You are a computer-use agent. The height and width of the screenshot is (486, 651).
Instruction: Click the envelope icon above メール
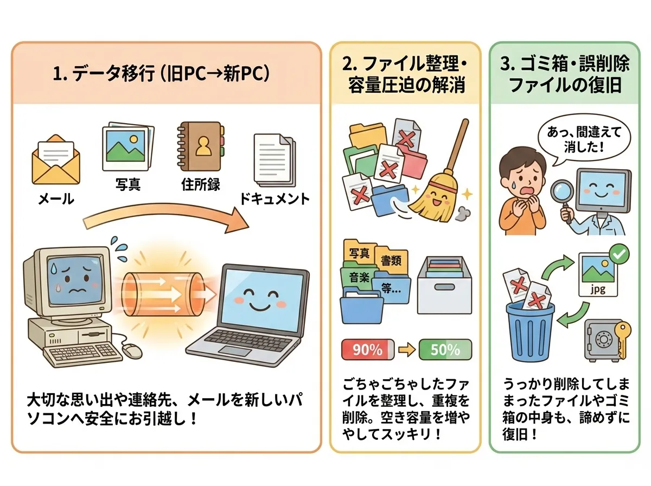[56, 160]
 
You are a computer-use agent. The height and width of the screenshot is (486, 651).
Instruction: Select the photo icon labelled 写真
[125, 149]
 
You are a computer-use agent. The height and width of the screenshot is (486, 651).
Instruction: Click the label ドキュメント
[275, 199]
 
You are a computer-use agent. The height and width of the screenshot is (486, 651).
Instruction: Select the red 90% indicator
[368, 350]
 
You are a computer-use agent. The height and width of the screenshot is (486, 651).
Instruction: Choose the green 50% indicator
[445, 350]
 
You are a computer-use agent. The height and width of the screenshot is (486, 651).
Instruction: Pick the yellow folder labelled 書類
[391, 260]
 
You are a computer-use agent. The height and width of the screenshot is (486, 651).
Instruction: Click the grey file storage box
[444, 285]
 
